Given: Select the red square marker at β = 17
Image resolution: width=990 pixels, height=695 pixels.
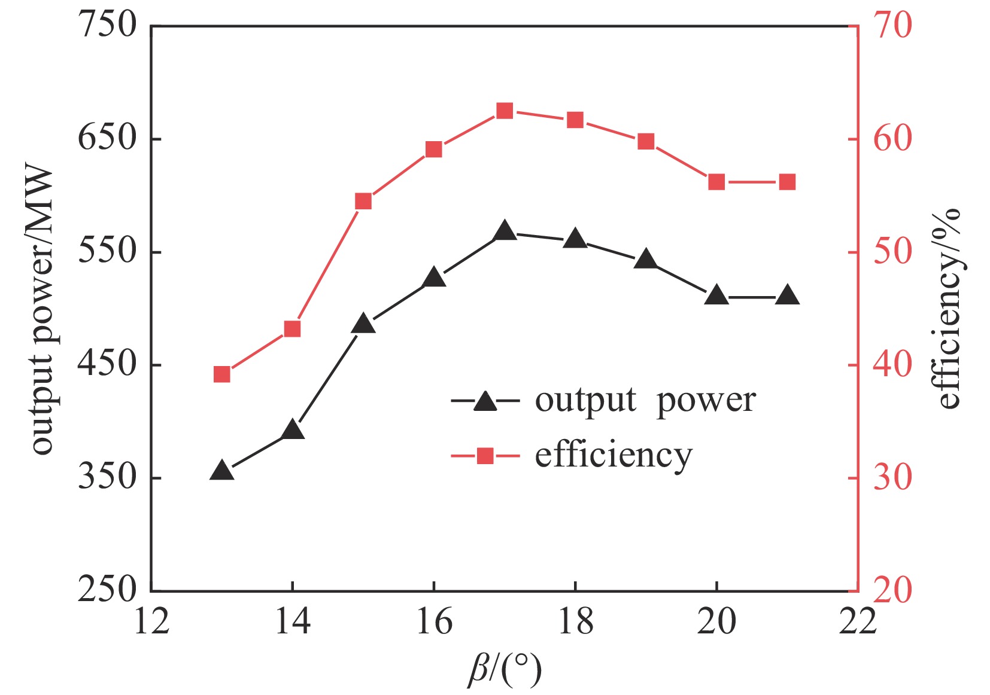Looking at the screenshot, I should (505, 111).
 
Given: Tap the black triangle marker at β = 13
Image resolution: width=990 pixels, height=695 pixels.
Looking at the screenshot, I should (222, 471).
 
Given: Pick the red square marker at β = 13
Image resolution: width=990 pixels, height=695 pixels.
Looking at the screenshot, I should (222, 374).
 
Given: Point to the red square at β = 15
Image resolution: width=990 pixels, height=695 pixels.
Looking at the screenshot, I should (363, 201).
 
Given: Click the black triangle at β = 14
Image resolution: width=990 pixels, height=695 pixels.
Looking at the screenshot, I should (293, 430).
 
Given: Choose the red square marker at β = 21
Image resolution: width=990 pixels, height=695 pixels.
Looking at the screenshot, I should (787, 182).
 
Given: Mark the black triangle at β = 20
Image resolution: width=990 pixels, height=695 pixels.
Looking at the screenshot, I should (716, 296).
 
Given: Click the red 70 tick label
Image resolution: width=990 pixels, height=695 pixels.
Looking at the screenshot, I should (892, 26).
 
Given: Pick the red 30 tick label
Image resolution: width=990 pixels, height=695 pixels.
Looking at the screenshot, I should (892, 478).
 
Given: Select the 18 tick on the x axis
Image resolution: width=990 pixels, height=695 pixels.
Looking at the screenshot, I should (575, 621).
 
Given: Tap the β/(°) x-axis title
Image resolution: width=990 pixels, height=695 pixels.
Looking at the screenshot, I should (505, 669).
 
